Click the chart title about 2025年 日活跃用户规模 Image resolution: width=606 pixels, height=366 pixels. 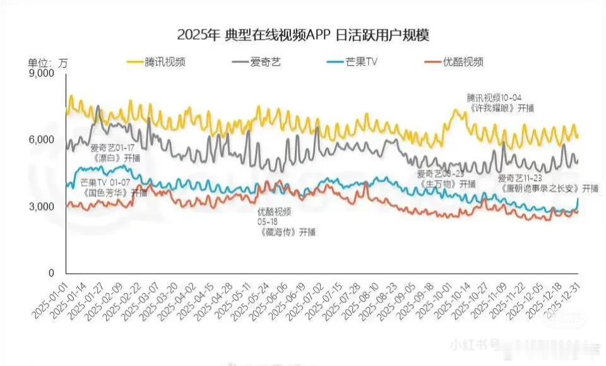coord(303,34)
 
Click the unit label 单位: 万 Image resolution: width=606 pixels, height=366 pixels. coord(48,62)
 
